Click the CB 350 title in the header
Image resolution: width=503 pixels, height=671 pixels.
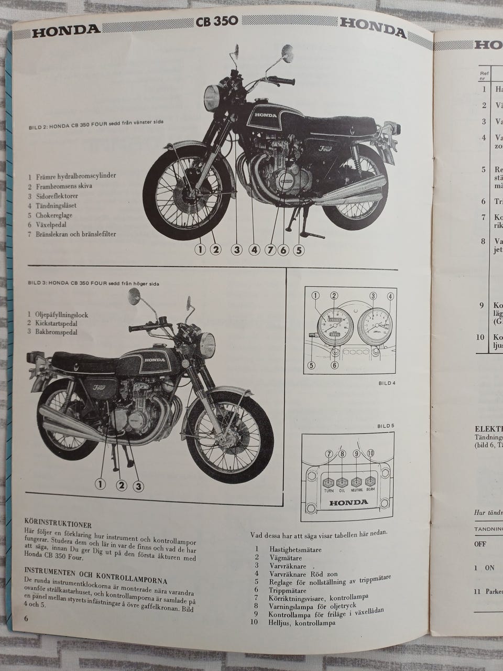(x=216, y=21)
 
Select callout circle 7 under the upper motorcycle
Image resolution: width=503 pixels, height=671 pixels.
(x=270, y=250)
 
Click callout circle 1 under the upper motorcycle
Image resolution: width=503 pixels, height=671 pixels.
(x=200, y=250)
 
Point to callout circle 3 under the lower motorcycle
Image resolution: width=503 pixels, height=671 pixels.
(x=138, y=486)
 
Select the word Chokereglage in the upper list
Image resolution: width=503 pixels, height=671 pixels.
(x=54, y=215)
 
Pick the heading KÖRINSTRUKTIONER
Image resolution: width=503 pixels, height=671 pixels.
(x=58, y=524)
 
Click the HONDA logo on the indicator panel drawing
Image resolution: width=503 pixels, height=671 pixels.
(x=349, y=502)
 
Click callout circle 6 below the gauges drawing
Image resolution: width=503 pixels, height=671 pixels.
(x=335, y=365)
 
